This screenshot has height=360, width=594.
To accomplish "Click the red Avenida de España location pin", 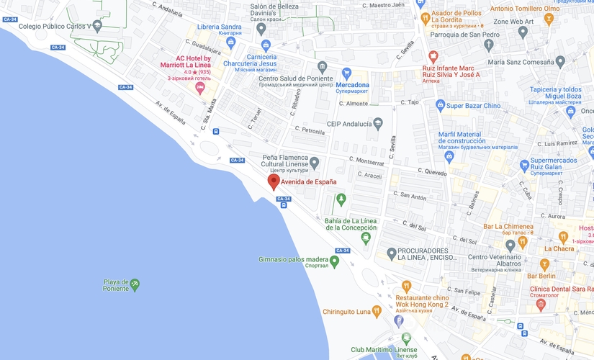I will (274, 181).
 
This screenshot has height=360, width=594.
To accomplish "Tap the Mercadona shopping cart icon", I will (346, 73).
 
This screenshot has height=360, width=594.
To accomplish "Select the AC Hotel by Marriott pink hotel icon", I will (201, 87).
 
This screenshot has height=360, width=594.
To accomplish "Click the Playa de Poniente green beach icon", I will (135, 285).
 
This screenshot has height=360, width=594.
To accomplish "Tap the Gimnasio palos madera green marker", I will (334, 260).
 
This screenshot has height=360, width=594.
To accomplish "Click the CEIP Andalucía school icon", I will (377, 124).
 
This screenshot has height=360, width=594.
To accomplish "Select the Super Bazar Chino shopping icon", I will (440, 106).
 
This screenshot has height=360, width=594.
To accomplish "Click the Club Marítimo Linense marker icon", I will (406, 338).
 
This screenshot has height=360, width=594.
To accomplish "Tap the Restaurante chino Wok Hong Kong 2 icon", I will (406, 287).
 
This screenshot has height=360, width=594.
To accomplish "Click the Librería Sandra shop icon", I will (230, 42).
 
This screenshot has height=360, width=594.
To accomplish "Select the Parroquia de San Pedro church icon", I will (489, 45).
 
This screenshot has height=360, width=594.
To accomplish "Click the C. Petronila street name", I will (310, 131).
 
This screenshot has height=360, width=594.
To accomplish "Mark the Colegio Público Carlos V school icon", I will (97, 25).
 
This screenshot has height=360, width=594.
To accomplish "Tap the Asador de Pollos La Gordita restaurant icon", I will (426, 18).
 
